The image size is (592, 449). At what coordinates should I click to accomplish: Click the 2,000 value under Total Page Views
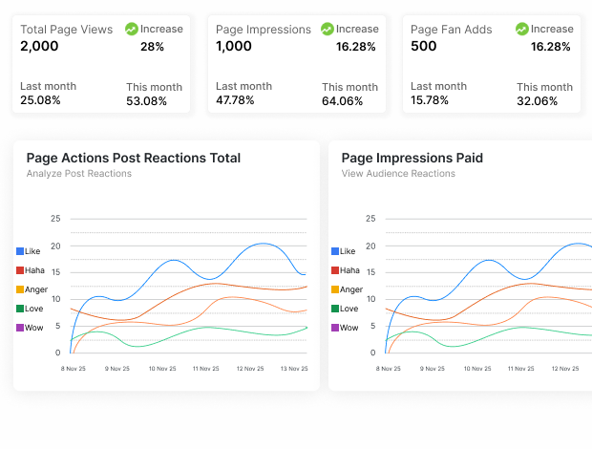[39, 46]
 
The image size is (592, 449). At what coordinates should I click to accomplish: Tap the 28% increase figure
[152, 46]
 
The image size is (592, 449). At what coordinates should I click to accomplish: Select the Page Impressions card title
[263, 30]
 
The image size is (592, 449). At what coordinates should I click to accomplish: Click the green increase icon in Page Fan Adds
[522, 30]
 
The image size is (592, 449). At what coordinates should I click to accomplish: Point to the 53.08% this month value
[146, 101]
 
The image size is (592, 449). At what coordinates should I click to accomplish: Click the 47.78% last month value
[236, 100]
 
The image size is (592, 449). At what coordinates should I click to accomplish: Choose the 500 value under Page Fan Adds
[424, 46]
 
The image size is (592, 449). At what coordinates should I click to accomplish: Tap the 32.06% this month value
[537, 101]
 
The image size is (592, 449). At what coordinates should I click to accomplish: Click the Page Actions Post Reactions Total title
[134, 158]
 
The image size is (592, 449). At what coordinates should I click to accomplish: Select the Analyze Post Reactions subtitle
[79, 174]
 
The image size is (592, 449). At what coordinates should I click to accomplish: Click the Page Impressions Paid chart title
[412, 158]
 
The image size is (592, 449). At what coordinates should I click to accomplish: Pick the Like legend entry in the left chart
[32, 251]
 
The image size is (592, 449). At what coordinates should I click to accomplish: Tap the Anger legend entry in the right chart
[350, 289]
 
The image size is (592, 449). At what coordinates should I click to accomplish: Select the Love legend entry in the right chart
[349, 309]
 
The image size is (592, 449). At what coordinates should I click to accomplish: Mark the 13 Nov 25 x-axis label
[293, 368]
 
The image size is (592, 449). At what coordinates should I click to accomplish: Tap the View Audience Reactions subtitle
[398, 174]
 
